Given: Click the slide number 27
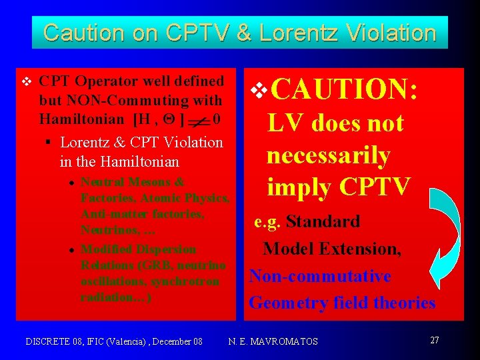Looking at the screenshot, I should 435,341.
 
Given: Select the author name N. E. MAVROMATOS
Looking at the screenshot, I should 273,341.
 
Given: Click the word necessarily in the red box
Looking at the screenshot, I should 328,155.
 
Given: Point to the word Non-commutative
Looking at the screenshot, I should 320,276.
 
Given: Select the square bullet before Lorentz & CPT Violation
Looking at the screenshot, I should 50,142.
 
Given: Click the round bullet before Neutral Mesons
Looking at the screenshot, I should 71,182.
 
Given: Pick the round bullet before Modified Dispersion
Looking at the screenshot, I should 71,249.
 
